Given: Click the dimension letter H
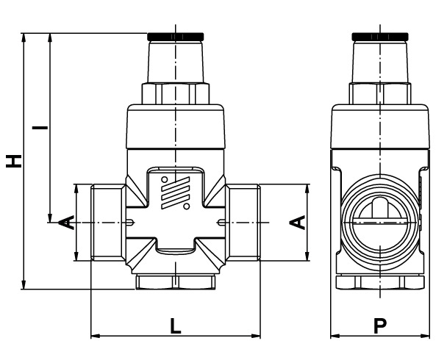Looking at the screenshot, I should coord(13,160).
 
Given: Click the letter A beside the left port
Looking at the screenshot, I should coord(65,222).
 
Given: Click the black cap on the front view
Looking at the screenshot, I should coord(175,36).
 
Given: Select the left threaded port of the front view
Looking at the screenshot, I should coord(107,222).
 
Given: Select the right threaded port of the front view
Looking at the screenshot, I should coord(244,222).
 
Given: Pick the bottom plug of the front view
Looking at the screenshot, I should coord(175,282).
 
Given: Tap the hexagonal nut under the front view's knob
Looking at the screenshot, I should coord(175,93).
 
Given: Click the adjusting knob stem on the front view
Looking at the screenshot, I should coord(175,62).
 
